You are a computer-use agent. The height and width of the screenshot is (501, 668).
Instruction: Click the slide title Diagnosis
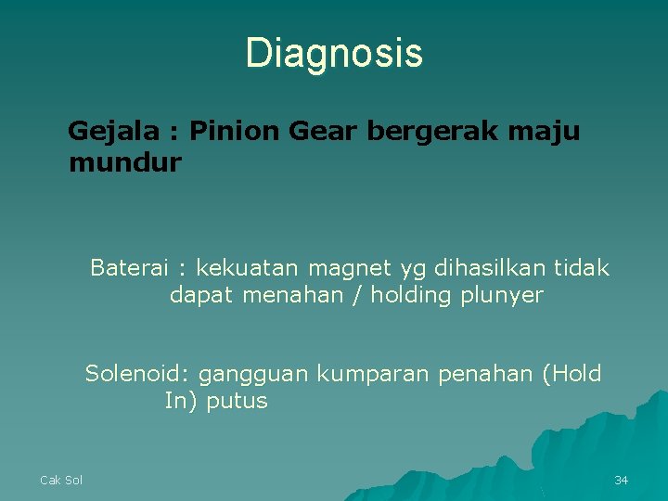pyautogui.click(x=334, y=54)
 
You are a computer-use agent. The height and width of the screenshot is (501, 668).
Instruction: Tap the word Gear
pyautogui.click(x=323, y=132)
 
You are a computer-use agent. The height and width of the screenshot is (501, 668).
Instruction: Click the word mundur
pyautogui.click(x=124, y=163)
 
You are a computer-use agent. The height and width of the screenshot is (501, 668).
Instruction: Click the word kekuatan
pyautogui.click(x=248, y=268)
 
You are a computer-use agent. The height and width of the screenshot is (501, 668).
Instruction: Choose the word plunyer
pyautogui.click(x=502, y=297)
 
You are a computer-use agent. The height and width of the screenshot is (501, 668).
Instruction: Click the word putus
pyautogui.click(x=237, y=402)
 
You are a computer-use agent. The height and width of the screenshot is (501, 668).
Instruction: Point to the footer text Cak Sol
pyautogui.click(x=61, y=480)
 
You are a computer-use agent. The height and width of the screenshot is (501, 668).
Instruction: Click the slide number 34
pyautogui.click(x=622, y=480)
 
